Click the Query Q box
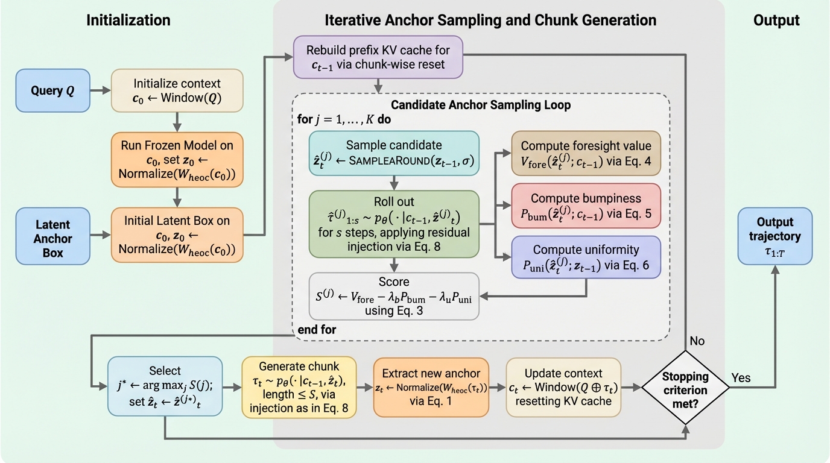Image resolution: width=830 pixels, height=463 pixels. (53, 90)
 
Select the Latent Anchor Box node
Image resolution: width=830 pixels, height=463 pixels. (52, 236)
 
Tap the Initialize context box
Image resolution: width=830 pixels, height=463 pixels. (177, 90)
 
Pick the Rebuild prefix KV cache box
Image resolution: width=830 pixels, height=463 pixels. (378, 57)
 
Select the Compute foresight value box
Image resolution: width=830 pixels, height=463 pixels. (586, 154)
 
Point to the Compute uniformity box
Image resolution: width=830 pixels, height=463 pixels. (586, 257)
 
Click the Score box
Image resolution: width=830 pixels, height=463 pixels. (394, 295)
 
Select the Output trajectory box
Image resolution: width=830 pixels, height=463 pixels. (775, 236)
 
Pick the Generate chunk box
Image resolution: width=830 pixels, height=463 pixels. (299, 387)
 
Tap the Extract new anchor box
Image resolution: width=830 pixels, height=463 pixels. (431, 387)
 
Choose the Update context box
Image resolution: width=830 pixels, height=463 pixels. (563, 387)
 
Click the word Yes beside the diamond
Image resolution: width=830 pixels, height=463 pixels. (741, 378)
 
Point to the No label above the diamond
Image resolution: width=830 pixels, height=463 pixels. (697, 341)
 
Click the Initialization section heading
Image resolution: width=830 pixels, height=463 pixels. (128, 20)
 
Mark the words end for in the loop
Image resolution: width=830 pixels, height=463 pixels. (317, 330)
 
